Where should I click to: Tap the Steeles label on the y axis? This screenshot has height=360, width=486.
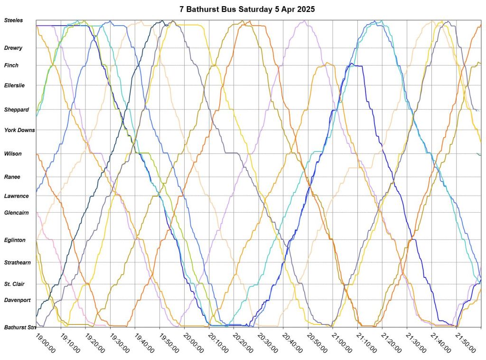(x=13, y=20)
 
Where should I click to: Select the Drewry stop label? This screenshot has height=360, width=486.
(x=13, y=48)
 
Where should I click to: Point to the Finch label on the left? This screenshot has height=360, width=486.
(x=11, y=66)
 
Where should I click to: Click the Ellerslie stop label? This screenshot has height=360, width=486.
(x=14, y=85)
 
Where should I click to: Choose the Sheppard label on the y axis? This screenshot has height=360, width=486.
(x=16, y=110)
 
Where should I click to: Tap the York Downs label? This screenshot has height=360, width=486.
(x=19, y=130)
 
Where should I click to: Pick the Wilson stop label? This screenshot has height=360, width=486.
(x=13, y=154)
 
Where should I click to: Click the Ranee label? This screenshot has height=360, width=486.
(x=12, y=177)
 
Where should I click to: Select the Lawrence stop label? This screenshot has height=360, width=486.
(x=16, y=196)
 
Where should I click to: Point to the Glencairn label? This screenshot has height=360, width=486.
(x=16, y=213)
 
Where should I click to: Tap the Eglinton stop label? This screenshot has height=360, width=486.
(x=15, y=240)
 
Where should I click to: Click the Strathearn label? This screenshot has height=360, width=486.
(x=17, y=263)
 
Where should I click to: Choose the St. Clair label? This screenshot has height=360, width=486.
(x=14, y=284)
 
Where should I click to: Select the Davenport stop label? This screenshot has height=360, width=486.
(x=17, y=300)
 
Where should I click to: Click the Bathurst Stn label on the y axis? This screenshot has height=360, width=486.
(x=20, y=327)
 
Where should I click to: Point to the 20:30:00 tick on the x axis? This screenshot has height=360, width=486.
(x=268, y=342)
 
